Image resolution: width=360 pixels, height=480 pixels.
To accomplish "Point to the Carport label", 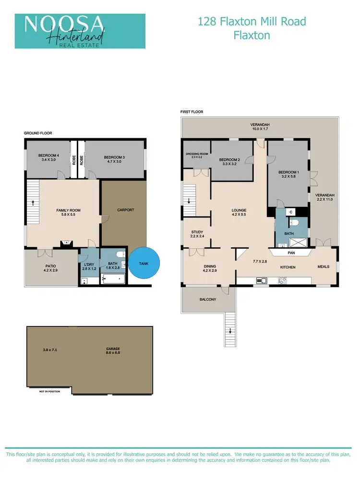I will pos(125,210).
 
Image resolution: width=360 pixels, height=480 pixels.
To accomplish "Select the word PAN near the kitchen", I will pos(291,252).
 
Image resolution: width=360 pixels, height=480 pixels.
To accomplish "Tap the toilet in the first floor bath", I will pos(296,222).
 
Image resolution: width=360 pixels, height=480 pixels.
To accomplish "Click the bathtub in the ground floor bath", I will pos(113,278).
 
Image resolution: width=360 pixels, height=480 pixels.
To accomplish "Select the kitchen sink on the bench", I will pos(262,280).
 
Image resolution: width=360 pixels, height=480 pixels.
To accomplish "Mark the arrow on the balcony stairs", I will pos(230,330).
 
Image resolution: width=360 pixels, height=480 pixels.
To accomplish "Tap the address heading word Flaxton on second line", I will pos(252,35).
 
